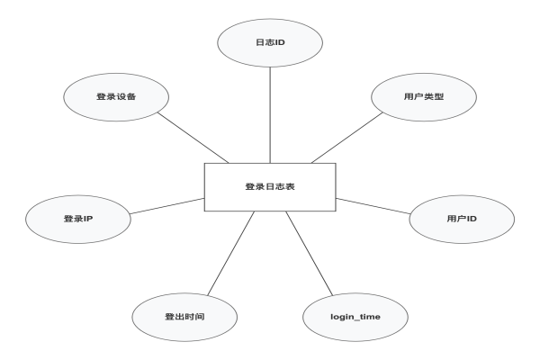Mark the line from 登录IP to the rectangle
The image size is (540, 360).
pos(166,205)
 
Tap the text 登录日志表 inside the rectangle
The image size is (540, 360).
pos(269,187)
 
